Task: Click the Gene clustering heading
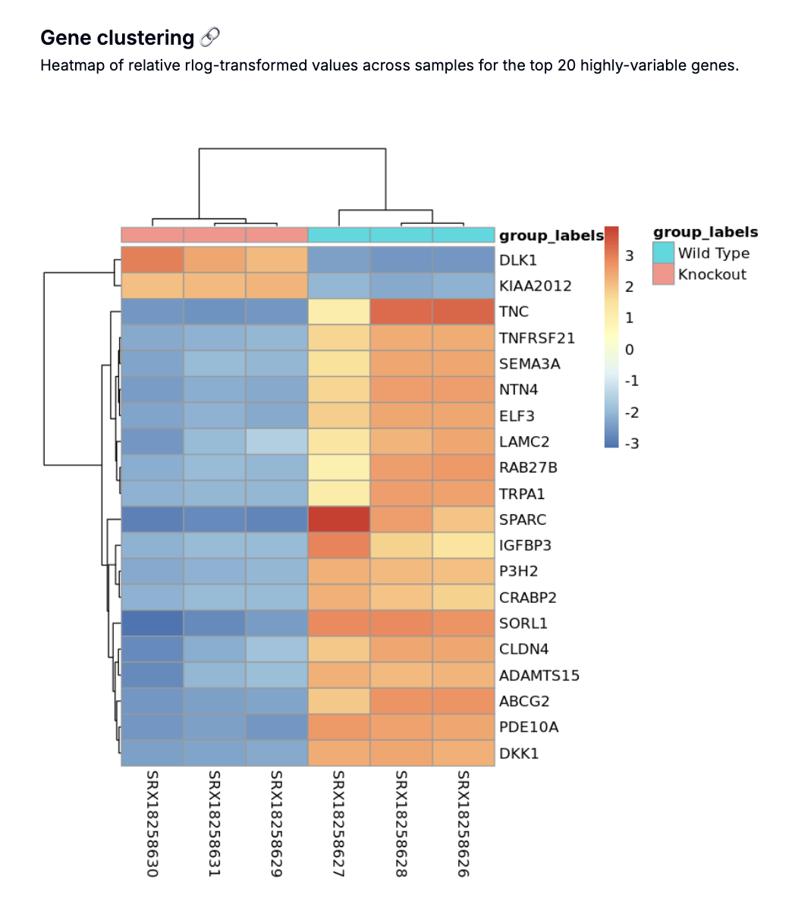pyautogui.click(x=118, y=38)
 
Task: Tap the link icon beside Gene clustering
pyautogui.click(x=210, y=37)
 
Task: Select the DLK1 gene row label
pyautogui.click(x=518, y=260)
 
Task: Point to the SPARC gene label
pyautogui.click(x=523, y=519)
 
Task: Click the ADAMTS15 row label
pyautogui.click(x=539, y=675)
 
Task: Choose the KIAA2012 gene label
pyautogui.click(x=536, y=286)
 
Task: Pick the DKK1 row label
pyautogui.click(x=519, y=753)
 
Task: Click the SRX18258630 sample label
pyautogui.click(x=152, y=824)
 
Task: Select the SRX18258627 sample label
pyautogui.click(x=338, y=824)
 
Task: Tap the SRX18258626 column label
pyautogui.click(x=463, y=824)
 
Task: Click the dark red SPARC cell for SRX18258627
pyautogui.click(x=339, y=519)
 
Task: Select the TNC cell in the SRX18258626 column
pyautogui.click(x=463, y=312)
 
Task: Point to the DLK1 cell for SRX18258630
pyautogui.click(x=152, y=260)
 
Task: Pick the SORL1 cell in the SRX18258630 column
pyautogui.click(x=152, y=623)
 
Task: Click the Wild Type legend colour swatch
pyautogui.click(x=664, y=253)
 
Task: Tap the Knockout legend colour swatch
pyautogui.click(x=664, y=274)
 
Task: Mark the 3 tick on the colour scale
pyautogui.click(x=629, y=256)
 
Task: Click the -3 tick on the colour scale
pyautogui.click(x=630, y=444)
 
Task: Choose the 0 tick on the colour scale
pyautogui.click(x=629, y=350)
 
